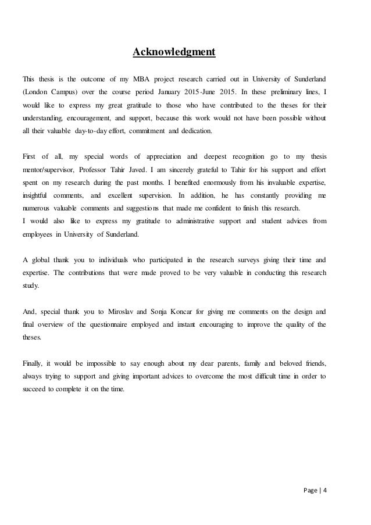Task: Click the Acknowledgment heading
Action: point(174,53)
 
